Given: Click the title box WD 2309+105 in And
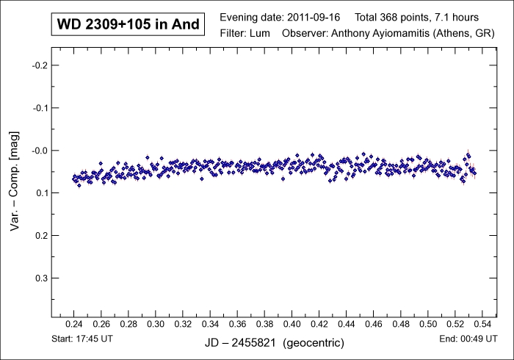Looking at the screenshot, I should coord(128,24).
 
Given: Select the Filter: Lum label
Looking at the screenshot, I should coord(246,33).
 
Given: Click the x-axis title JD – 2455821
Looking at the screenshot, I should coord(244,343).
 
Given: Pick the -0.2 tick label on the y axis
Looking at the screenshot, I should coord(40,65).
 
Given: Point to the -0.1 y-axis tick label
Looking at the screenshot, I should coord(40,108).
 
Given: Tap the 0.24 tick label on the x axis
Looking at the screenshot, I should coord(74,323).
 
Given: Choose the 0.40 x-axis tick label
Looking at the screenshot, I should coord(292,323).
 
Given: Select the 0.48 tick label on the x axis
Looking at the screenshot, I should coord(401,323).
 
